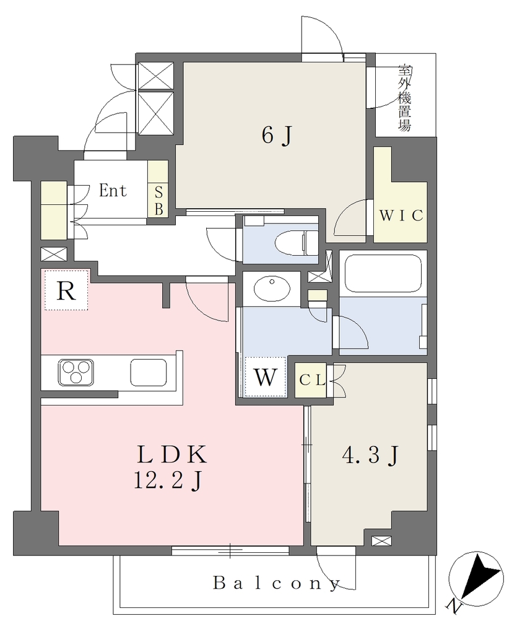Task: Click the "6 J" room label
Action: (x=277, y=135)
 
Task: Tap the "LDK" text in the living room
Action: (x=172, y=454)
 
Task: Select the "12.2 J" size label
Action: (x=168, y=480)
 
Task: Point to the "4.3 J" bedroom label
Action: (x=370, y=455)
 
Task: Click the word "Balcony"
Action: (x=277, y=583)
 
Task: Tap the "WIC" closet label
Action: (x=401, y=215)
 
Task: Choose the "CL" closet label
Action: (x=312, y=381)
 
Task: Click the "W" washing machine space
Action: (x=266, y=377)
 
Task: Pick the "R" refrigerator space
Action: (x=66, y=290)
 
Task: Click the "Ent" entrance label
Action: (x=113, y=191)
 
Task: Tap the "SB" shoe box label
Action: (x=158, y=201)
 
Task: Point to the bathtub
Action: (x=383, y=273)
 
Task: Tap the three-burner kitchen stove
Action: (x=76, y=372)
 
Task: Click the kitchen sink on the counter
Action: (x=149, y=372)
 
